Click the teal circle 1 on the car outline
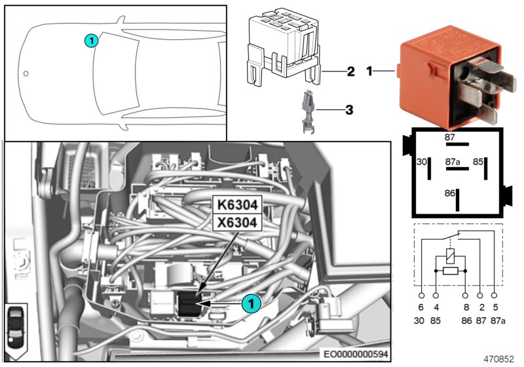click(x=91, y=41)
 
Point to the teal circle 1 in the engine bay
click(x=249, y=303)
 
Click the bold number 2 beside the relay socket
click(x=350, y=71)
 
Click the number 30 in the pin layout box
click(x=421, y=161)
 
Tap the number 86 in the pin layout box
click(x=449, y=194)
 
